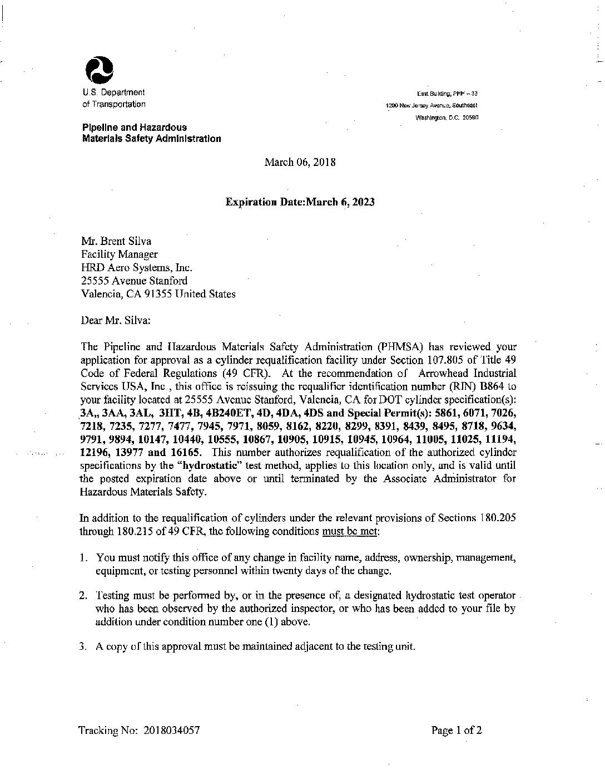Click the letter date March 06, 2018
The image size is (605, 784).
point(300,163)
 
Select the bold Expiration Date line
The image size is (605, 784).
point(300,202)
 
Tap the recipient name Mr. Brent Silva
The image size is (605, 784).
point(116,241)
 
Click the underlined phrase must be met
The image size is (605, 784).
point(351,531)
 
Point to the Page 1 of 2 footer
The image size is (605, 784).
point(457,731)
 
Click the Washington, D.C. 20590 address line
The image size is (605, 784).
point(447,118)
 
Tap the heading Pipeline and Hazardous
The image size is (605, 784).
point(135,128)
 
